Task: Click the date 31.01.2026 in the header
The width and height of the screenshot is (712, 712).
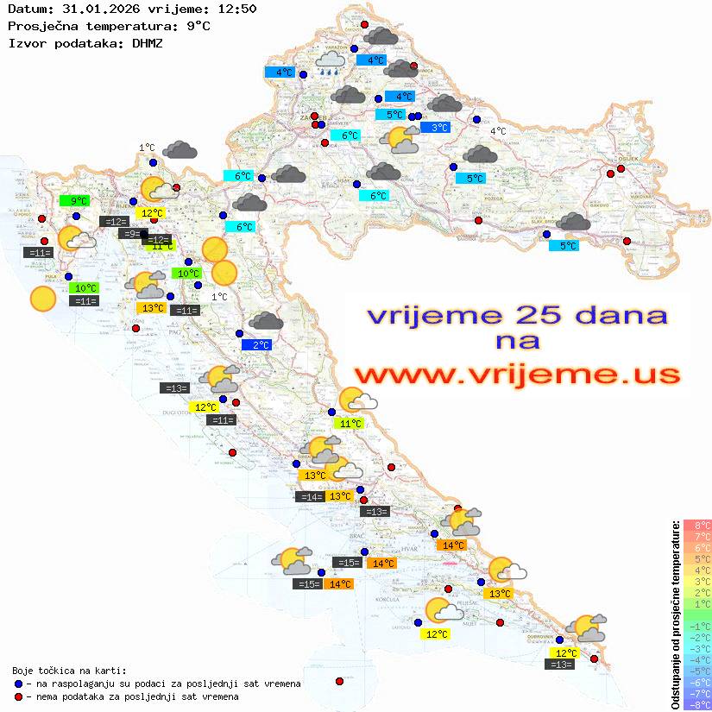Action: pos(92,9)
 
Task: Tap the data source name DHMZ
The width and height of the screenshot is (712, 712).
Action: pos(147,42)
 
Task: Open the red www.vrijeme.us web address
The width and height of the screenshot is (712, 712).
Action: pos(516,374)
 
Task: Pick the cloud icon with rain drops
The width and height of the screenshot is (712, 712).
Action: pos(331,62)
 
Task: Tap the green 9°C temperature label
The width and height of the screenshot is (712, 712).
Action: pos(79,201)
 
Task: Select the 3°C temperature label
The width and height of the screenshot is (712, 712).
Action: pos(439,128)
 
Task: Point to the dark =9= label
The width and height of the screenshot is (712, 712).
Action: pos(130,234)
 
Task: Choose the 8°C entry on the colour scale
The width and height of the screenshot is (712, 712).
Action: pos(697,525)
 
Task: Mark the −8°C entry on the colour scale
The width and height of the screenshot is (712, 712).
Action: pos(697,704)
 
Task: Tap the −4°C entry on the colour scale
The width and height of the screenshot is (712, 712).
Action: pos(697,659)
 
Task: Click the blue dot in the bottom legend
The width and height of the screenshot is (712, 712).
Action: pos(18,684)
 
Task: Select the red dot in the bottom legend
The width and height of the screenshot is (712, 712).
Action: pos(18,696)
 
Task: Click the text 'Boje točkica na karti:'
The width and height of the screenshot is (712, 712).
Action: pos(69,671)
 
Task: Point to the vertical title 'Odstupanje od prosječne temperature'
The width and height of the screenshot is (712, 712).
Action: pos(675,614)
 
